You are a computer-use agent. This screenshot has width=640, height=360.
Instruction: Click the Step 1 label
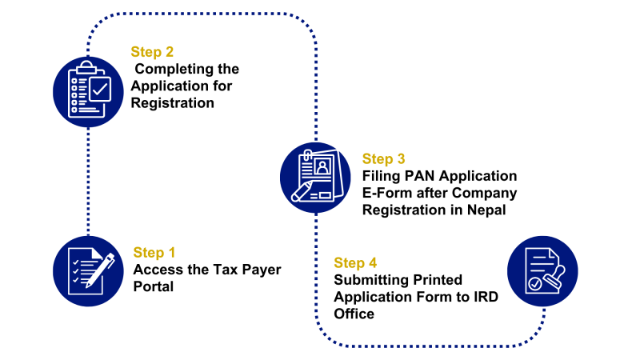click(154, 253)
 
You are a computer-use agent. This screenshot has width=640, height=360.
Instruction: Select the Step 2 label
click(152, 52)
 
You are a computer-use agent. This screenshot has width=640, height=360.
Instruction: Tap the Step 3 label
click(383, 159)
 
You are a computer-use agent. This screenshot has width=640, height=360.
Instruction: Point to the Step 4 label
click(355, 263)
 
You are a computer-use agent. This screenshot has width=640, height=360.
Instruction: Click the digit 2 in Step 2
click(169, 52)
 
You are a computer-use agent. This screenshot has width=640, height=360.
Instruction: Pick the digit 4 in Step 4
click(372, 263)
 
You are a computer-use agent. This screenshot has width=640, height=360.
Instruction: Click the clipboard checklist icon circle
click(88, 91)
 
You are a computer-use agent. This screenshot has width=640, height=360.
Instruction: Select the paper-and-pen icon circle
click(88, 271)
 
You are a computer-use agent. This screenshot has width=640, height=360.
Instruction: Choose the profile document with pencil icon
click(315, 177)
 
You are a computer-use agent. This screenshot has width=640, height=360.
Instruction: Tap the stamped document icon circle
click(542, 271)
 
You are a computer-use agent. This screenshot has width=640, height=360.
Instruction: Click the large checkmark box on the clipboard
click(100, 89)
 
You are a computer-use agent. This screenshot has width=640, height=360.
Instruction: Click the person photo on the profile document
click(322, 166)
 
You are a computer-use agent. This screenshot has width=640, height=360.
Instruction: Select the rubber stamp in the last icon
click(554, 278)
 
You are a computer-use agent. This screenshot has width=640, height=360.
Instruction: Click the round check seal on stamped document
click(534, 284)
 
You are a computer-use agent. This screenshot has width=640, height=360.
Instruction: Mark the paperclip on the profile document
click(306, 154)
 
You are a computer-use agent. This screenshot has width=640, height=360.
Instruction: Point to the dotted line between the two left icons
click(88, 180)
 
